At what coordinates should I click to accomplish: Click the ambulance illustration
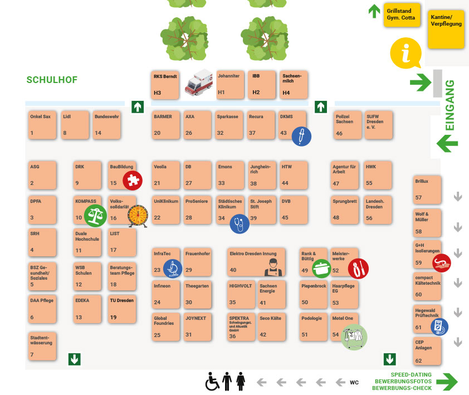click(198, 82)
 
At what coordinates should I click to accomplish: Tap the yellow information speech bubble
click(406, 53)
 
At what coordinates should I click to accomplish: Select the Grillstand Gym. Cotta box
click(402, 14)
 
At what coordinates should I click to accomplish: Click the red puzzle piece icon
click(133, 181)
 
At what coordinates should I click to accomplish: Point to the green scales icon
click(95, 216)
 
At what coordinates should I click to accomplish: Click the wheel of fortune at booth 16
click(138, 216)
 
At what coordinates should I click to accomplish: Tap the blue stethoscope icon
click(240, 224)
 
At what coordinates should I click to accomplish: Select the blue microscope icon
click(173, 269)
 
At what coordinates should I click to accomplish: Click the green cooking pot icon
click(321, 269)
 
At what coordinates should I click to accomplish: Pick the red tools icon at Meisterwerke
click(358, 269)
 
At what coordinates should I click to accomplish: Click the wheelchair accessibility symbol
click(212, 382)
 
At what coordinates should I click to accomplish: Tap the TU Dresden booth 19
click(122, 309)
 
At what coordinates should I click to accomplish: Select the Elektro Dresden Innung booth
click(256, 262)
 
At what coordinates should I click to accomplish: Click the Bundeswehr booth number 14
click(106, 125)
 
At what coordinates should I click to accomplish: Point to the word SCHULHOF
click(52, 80)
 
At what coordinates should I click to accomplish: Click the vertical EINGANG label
click(450, 105)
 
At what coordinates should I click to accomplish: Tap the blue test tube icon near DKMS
click(301, 136)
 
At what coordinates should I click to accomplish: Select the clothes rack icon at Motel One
click(354, 337)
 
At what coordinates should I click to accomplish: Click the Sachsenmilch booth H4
click(294, 85)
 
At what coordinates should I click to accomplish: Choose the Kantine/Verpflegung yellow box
click(446, 29)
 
